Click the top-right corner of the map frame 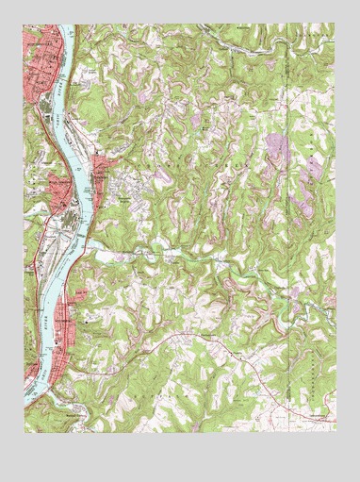335,25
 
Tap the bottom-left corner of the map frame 24,433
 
